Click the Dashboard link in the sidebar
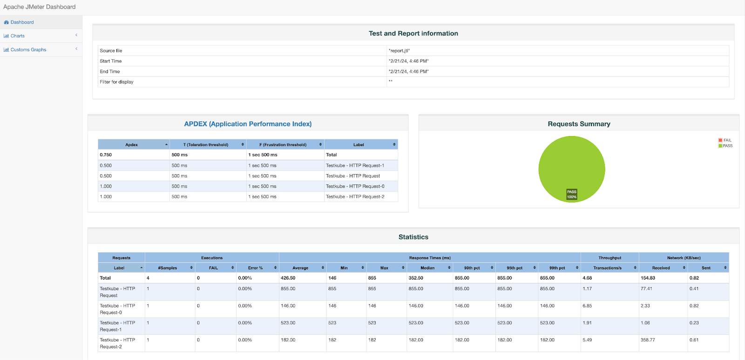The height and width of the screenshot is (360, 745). [22, 22]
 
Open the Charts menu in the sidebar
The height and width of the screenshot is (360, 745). [18, 36]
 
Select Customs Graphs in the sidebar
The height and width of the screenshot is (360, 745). [28, 50]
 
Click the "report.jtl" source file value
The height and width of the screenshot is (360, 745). [399, 51]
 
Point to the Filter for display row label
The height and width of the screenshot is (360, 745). [116, 82]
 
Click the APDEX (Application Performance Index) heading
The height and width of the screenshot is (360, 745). [248, 124]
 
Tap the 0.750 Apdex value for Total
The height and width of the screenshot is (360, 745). [106, 155]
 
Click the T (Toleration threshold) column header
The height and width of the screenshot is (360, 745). [206, 145]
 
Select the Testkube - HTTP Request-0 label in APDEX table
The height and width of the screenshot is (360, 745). [355, 186]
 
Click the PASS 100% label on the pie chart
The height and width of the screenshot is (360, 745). [571, 194]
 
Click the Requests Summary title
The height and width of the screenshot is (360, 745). [579, 124]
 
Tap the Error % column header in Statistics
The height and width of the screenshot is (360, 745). [255, 268]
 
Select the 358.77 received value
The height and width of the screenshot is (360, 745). [647, 340]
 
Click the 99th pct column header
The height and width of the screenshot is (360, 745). [557, 268]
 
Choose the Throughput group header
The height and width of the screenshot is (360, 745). [610, 258]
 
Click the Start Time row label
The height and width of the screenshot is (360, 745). [110, 61]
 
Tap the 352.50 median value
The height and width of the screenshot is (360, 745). [416, 278]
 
